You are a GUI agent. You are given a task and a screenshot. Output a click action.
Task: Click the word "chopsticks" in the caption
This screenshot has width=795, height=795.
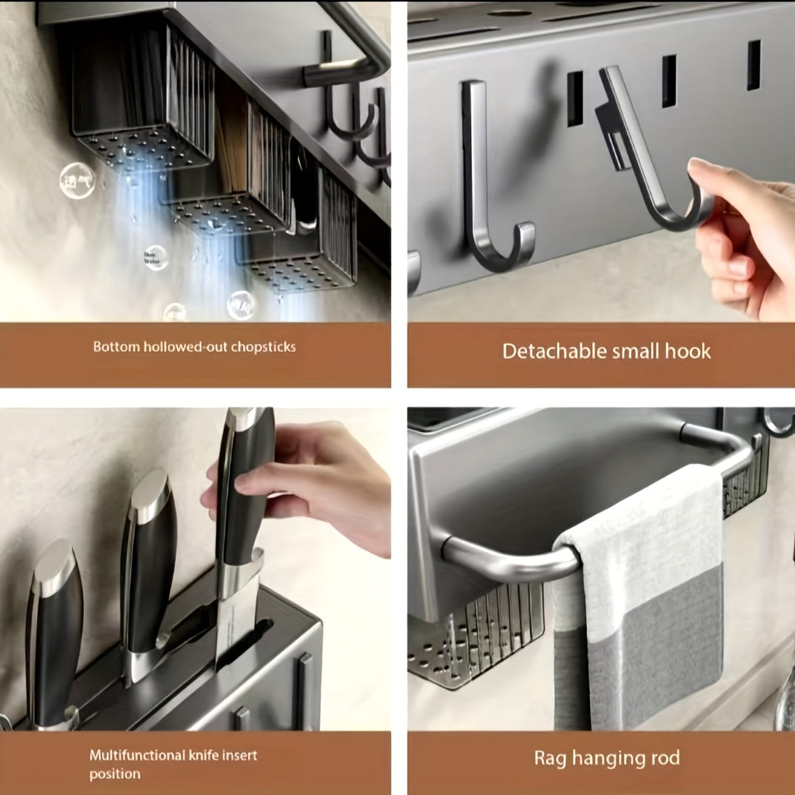263,347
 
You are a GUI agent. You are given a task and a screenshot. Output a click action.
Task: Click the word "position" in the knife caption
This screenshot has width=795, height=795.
115,774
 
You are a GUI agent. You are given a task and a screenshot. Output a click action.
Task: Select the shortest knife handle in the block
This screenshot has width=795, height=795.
53,630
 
